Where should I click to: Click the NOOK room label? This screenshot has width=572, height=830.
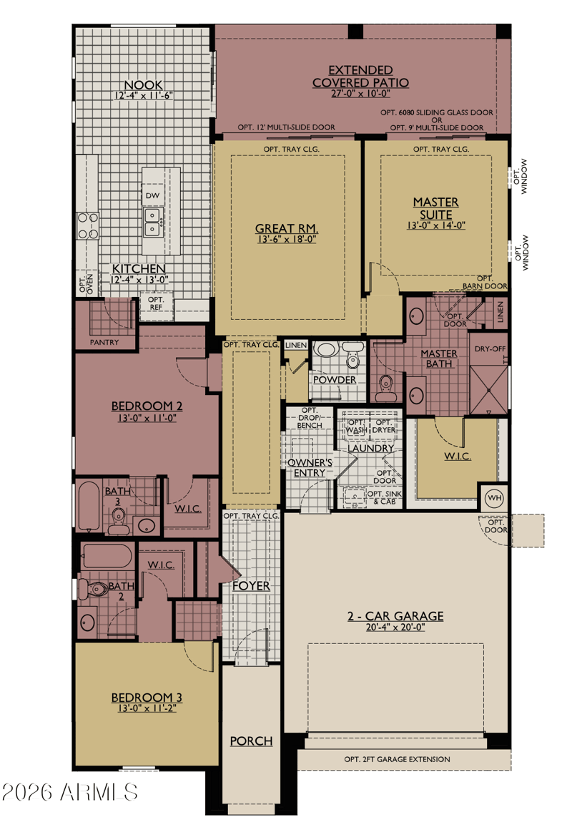pos(144,84)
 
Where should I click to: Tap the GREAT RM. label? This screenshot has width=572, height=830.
pos(286,229)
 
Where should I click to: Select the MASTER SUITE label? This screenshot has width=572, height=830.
pos(436,208)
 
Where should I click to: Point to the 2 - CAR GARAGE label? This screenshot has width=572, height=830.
pos(395,615)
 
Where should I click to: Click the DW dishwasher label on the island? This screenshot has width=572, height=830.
pos(152,195)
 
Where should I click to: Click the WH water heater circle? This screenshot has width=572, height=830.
pos(494,498)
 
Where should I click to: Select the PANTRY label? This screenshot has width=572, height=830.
pos(104,342)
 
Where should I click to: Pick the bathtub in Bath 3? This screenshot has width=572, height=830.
pos(89,506)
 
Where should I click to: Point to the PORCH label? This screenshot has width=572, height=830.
pos(252,741)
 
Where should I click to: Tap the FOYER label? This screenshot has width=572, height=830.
pos(252,585)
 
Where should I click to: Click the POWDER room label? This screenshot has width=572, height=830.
pos(335,379)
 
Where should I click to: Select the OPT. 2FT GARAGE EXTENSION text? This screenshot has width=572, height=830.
pos(398,759)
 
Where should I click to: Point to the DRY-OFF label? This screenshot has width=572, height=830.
pos(490,349)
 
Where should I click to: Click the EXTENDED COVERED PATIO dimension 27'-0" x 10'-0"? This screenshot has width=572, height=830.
pos(361,93)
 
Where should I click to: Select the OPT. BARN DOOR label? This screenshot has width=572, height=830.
pos(485,282)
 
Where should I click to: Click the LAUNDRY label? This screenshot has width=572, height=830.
pos(370,448)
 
